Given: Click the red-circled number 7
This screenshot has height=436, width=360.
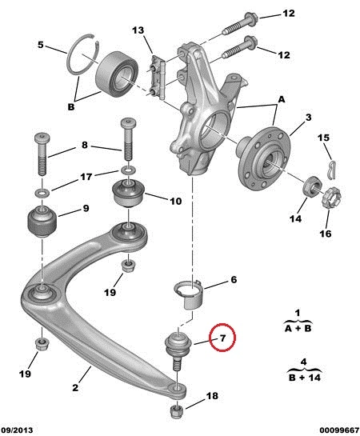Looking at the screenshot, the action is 222,338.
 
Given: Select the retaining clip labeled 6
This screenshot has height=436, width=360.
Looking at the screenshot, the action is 189,294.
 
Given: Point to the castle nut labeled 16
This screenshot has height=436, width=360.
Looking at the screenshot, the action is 331,198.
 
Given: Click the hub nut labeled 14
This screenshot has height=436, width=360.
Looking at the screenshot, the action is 312,187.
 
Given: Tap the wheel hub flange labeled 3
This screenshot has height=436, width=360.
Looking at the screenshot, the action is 263,159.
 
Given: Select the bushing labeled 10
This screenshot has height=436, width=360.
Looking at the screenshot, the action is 127,193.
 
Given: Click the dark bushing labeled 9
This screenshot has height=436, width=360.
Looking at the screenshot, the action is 42,221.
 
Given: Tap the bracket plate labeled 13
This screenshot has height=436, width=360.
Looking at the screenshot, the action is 157,77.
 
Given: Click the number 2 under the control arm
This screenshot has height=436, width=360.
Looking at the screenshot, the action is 75,387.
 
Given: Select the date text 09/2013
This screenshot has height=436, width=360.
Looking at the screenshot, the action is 17,430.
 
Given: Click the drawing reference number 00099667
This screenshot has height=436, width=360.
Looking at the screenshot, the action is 339,430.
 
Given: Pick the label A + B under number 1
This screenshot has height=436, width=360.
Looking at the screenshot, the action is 298,328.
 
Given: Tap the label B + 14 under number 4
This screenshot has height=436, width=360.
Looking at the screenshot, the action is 305,378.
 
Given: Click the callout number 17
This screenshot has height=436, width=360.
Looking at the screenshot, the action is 86,177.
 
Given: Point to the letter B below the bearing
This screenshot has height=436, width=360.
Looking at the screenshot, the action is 71,106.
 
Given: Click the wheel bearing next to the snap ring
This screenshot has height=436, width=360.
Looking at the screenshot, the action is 117,74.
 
